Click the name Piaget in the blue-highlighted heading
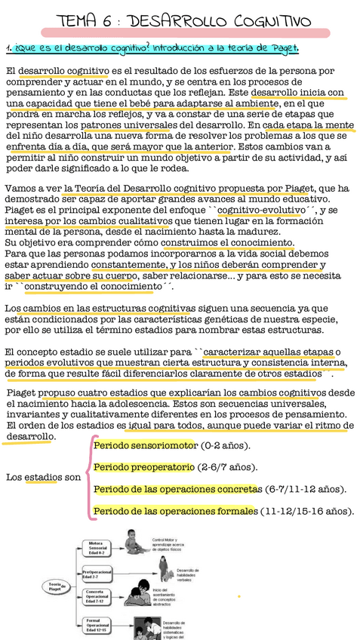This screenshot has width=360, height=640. (280, 49)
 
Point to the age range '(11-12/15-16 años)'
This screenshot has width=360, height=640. (307, 512)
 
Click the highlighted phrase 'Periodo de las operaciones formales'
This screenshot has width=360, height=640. (174, 512)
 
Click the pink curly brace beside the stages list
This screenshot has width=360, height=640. (88, 478)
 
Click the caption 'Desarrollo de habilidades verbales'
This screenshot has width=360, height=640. (188, 575)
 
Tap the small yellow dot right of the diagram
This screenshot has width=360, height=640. (239, 596)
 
